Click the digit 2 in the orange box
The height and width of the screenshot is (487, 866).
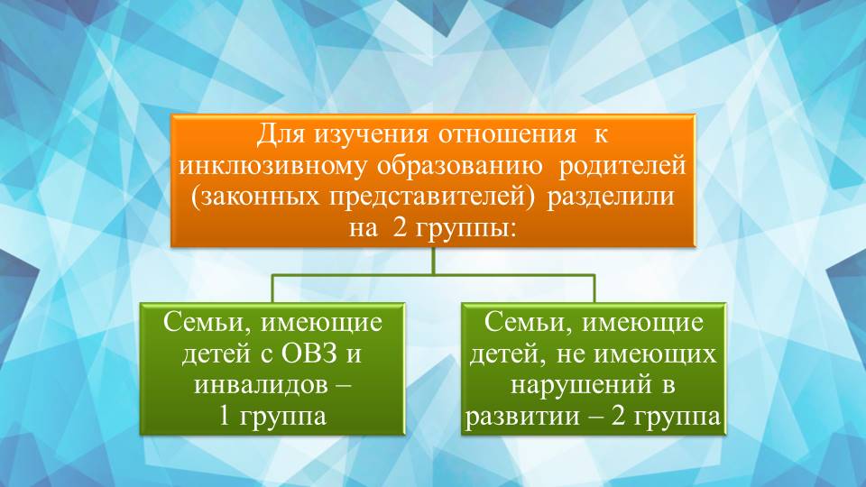coord(398,227)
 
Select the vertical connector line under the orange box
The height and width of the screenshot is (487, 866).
coord(434,262)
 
